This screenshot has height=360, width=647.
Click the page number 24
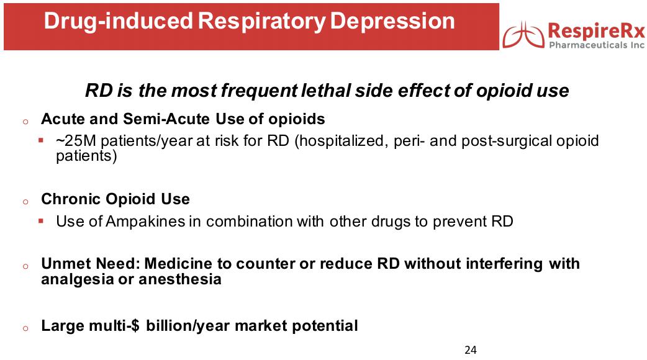471,350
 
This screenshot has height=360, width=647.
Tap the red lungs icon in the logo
523,35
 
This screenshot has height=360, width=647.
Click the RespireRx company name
596,31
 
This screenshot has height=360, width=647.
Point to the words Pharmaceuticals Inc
597,45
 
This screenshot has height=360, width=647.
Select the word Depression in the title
392,20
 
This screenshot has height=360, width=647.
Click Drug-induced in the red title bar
119,22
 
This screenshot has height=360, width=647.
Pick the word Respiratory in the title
261,22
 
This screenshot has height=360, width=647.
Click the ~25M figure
76,141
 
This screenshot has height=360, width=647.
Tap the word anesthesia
180,279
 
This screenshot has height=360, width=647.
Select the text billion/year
188,326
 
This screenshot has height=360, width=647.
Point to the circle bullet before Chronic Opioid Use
25,202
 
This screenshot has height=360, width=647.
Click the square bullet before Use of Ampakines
41,221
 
